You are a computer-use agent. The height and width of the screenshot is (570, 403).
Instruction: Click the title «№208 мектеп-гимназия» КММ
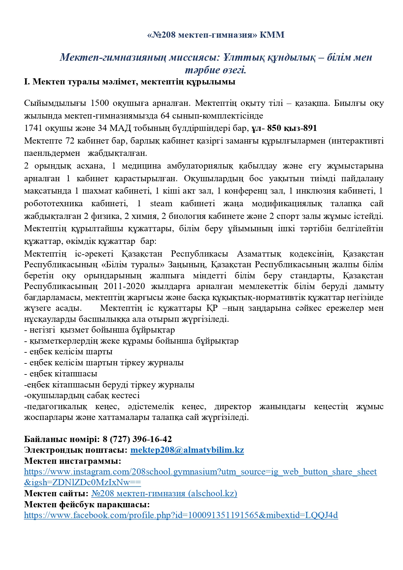pyautogui.click(x=216, y=35)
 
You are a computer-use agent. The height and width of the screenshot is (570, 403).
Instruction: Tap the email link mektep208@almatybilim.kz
pyautogui.click(x=187, y=450)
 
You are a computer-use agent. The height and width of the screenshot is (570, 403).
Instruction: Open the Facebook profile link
pyautogui.click(x=181, y=515)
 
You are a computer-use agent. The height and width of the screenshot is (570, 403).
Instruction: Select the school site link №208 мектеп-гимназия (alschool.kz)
pyautogui.click(x=164, y=494)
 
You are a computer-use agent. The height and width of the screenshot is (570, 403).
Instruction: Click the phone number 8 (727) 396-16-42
pyautogui.click(x=137, y=439)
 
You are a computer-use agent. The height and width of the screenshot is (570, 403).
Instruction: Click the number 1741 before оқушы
pyautogui.click(x=33, y=128)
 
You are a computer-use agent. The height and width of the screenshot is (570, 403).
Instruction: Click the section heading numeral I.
pyautogui.click(x=27, y=82)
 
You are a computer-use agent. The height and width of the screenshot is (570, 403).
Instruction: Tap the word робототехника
pyautogui.click(x=53, y=204)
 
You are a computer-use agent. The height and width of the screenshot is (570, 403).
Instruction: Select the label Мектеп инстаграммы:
pyautogui.click(x=72, y=461)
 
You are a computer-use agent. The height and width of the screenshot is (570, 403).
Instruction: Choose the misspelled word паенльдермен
pyautogui.click(x=52, y=153)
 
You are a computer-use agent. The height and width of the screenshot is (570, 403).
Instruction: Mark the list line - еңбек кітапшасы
pyautogui.click(x=61, y=374)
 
